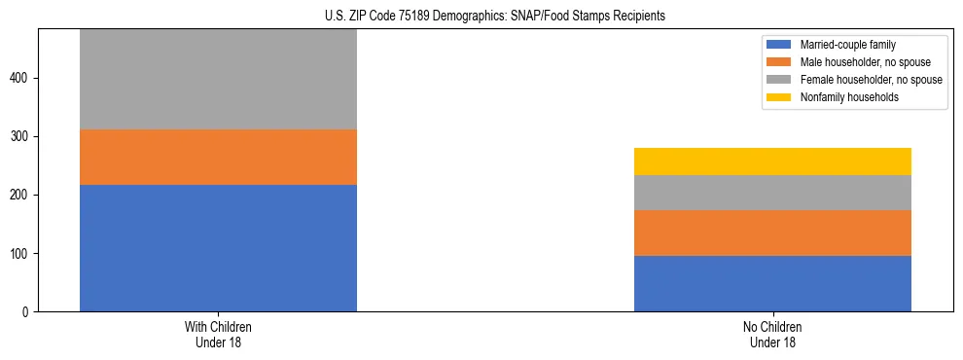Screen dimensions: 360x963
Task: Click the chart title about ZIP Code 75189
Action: tap(495, 17)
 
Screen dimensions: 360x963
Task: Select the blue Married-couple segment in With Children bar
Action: tap(218, 248)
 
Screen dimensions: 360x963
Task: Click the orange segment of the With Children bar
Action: tap(218, 157)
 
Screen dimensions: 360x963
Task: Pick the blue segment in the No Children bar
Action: tap(772, 283)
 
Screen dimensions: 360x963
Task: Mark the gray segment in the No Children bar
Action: tap(772, 193)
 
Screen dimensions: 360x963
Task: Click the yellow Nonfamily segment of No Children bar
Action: tap(772, 162)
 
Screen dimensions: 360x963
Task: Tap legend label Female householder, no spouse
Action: tap(871, 80)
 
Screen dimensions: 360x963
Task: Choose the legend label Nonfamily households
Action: tap(842, 97)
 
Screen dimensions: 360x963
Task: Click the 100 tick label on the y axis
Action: tap(22, 254)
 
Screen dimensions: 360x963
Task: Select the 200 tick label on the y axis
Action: tap(22, 196)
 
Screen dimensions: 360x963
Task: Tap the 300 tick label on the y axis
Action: tap(22, 137)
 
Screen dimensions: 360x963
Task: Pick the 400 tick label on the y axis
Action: tap(22, 79)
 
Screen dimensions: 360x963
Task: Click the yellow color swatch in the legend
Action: tap(779, 97)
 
